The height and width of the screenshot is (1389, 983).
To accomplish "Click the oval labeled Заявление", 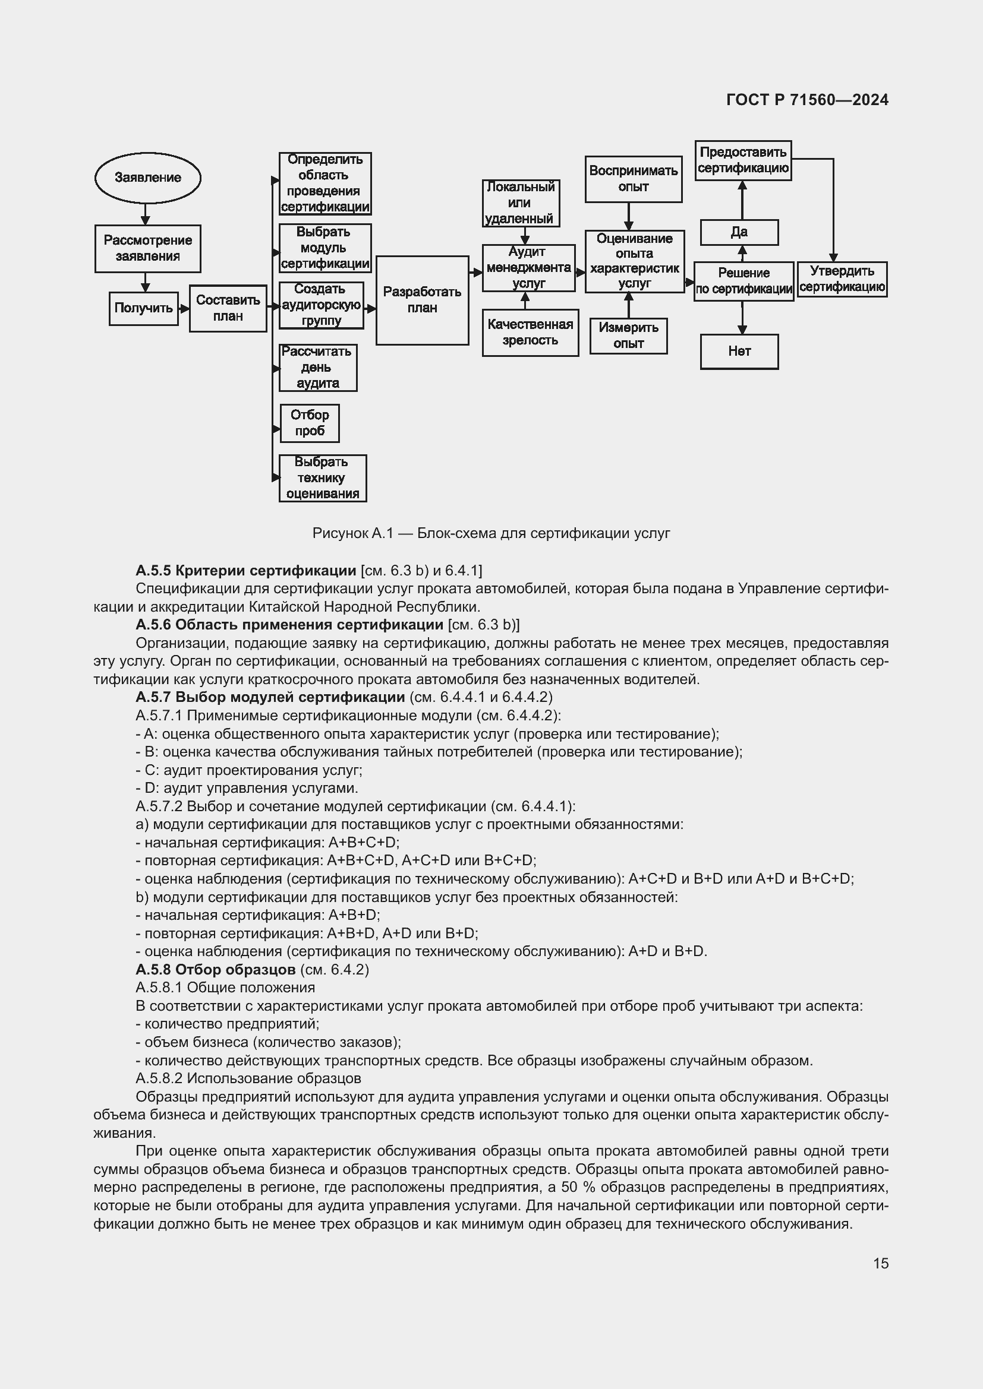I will [x=148, y=178].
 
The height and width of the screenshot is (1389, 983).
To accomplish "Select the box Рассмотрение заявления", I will [x=148, y=249].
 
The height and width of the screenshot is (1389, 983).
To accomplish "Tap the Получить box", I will [x=143, y=309].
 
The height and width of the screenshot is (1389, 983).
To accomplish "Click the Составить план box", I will [x=228, y=309].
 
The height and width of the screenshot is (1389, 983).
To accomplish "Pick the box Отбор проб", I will [x=309, y=423].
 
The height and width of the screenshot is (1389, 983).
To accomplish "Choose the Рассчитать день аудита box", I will [x=318, y=368].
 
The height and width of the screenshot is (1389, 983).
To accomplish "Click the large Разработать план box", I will [x=422, y=300].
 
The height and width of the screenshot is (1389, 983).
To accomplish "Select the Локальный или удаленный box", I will [x=521, y=203].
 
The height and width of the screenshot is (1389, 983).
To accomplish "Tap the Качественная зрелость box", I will [x=530, y=333].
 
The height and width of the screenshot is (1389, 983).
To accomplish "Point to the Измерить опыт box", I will [x=628, y=336].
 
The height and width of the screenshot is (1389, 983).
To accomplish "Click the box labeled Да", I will [x=739, y=232].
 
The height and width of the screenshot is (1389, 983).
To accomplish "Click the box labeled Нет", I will [x=739, y=352].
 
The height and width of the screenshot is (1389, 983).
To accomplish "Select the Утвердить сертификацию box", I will [x=842, y=280].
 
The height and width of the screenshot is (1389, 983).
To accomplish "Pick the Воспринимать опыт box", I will [x=633, y=179].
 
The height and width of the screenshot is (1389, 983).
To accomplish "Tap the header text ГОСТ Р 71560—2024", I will [x=807, y=100].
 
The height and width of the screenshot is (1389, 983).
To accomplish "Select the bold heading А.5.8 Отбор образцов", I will [x=216, y=970].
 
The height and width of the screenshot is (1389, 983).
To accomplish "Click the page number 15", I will [x=881, y=1263].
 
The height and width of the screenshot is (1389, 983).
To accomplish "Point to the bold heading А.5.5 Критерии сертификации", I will [x=246, y=571].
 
